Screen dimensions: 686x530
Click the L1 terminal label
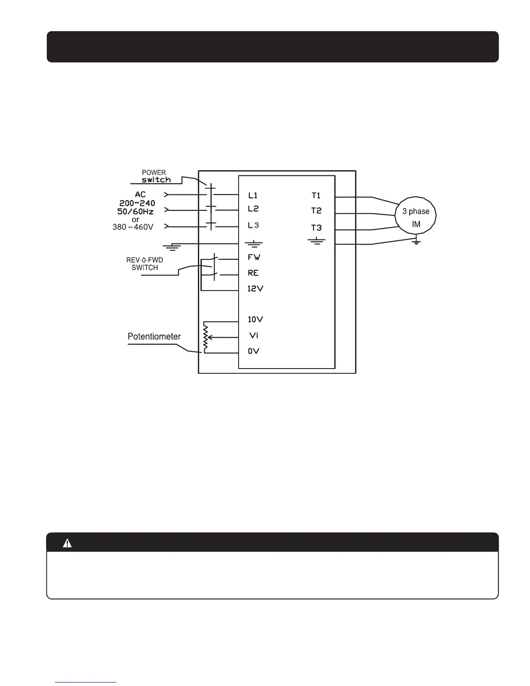[x=253, y=196]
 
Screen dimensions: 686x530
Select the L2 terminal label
[x=253, y=209]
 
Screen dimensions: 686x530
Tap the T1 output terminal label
[x=316, y=196]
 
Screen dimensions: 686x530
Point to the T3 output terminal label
[x=317, y=228]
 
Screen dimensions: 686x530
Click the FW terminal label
[x=254, y=257]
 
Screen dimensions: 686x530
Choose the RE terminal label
[x=253, y=273]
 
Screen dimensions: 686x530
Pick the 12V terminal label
[x=255, y=288]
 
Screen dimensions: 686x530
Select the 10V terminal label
[x=255, y=320]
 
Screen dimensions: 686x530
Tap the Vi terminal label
[x=254, y=335]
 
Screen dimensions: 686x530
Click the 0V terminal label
[x=253, y=351]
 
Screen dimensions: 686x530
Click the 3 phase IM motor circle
[x=416, y=216]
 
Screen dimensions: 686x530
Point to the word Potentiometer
[x=154, y=337]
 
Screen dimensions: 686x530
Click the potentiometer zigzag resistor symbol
[x=206, y=337]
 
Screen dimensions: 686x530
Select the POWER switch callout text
[x=155, y=176]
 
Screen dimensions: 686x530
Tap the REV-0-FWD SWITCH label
[x=145, y=264]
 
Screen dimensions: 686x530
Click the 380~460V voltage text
[x=133, y=227]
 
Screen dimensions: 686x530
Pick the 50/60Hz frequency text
[x=136, y=211]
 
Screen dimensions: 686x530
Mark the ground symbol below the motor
[x=416, y=242]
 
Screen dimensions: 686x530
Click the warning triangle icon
[x=67, y=543]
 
